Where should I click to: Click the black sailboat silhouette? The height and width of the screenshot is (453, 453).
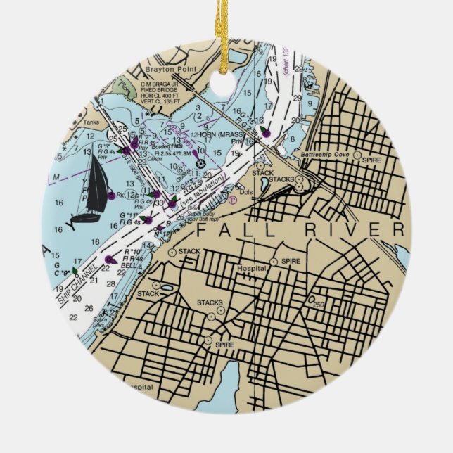(x=95, y=190)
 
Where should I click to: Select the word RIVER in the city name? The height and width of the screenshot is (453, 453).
(x=352, y=230)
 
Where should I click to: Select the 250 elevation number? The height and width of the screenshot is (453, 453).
(x=318, y=304)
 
